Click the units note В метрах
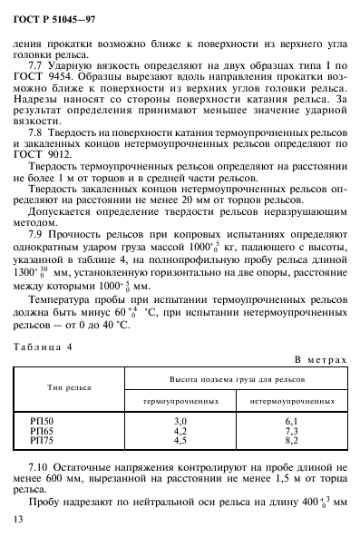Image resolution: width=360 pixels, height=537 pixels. (x=322, y=360)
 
